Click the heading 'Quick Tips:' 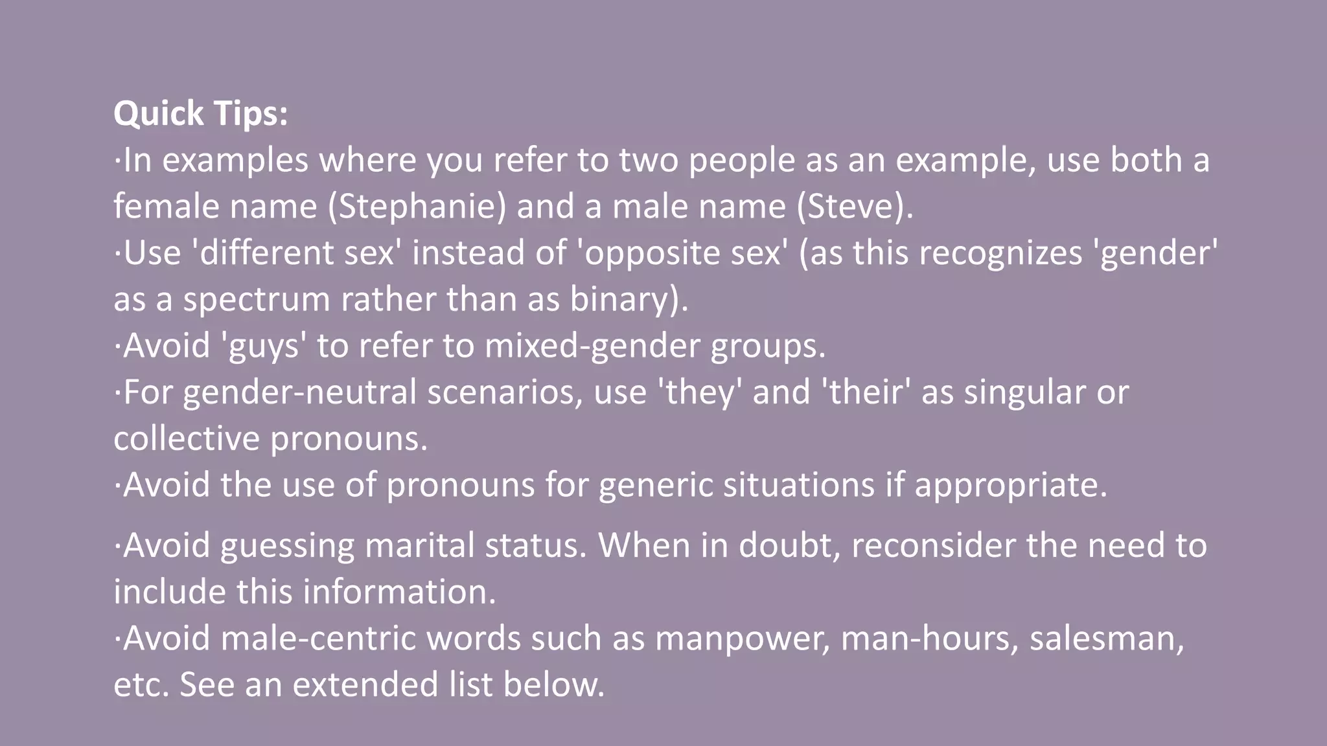point(200,113)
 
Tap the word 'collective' point(187,438)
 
